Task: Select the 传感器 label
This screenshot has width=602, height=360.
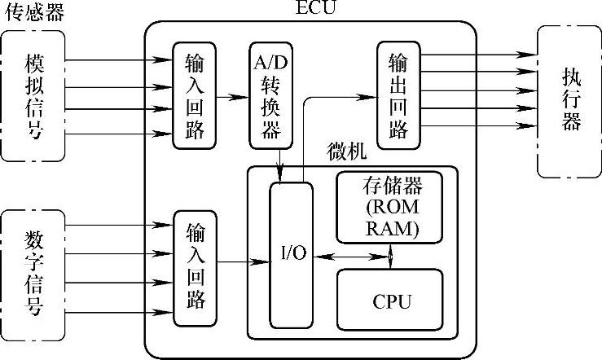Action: point(34,11)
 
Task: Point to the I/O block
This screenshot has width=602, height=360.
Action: point(292,253)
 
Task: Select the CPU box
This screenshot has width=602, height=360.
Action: point(392,301)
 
